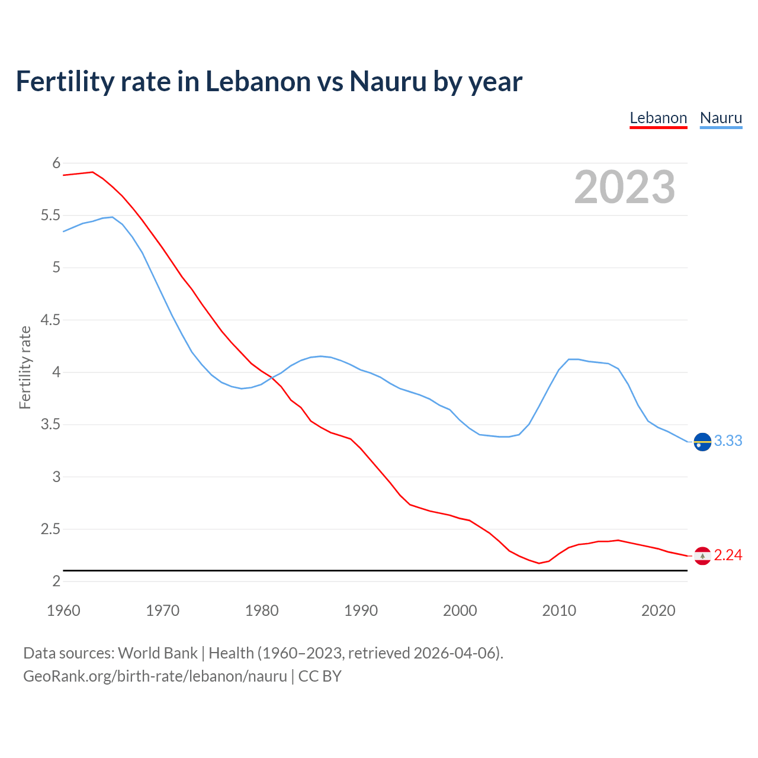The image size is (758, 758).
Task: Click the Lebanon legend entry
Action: (658, 118)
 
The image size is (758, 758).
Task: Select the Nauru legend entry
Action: (721, 118)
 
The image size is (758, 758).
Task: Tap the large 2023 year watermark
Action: (624, 187)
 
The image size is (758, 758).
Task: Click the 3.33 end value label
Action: (728, 441)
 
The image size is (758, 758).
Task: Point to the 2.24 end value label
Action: (728, 555)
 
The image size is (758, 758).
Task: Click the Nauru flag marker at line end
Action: (702, 442)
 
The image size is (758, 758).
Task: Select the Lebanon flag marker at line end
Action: (702, 555)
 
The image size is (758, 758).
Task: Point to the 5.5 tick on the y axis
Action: (50, 216)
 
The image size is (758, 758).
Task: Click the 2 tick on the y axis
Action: (56, 581)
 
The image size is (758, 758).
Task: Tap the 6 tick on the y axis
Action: (56, 163)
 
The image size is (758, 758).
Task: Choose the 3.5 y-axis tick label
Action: (50, 425)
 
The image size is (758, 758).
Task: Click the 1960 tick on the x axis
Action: (63, 611)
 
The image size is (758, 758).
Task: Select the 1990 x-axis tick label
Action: (361, 611)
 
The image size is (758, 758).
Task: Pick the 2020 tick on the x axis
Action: (658, 611)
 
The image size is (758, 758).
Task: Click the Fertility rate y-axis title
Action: (25, 367)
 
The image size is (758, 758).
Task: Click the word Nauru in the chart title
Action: (388, 81)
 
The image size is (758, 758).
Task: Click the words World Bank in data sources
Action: (158, 653)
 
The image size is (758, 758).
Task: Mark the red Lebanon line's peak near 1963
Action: (92, 172)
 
